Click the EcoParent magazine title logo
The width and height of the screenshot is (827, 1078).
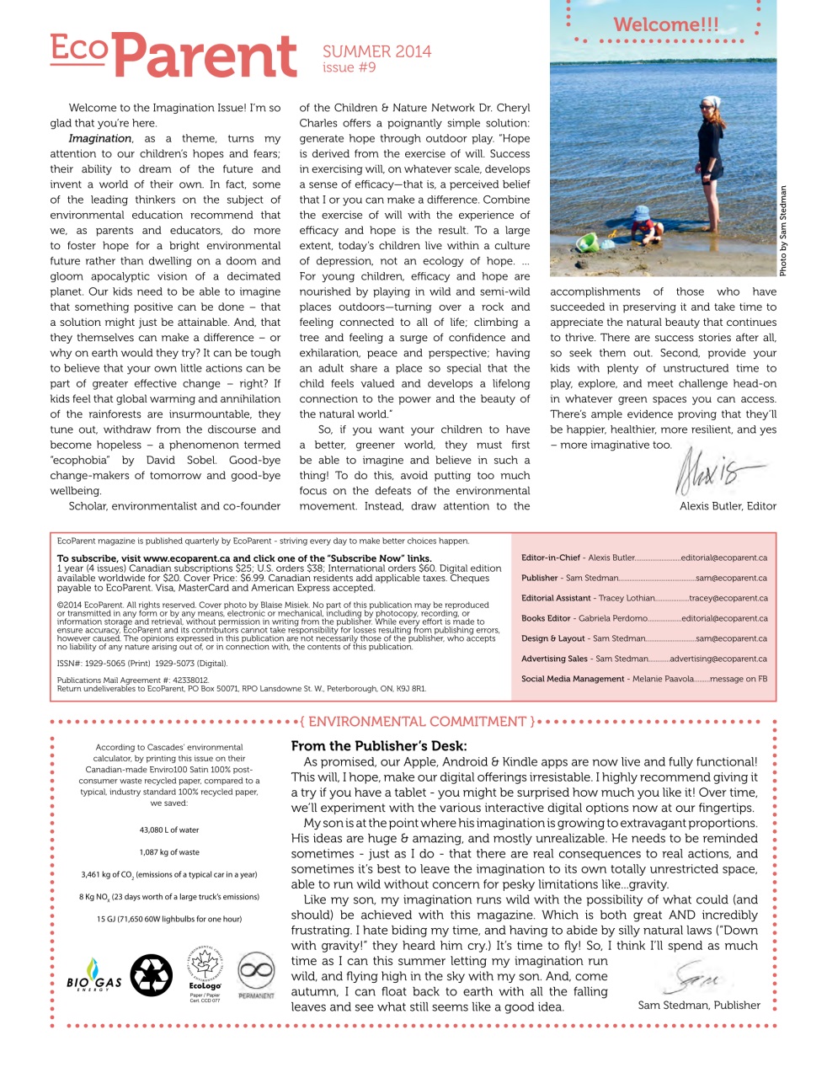(173, 56)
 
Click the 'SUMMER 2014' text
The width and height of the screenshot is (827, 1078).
(376, 51)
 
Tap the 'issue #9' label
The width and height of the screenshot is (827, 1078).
(349, 68)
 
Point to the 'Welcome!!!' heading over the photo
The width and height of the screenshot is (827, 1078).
(665, 24)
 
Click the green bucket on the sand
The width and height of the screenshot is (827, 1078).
(586, 243)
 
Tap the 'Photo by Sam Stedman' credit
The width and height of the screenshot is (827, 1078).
(782, 231)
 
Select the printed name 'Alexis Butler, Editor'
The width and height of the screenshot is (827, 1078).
(728, 506)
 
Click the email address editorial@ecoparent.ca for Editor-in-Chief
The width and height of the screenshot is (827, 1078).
(723, 558)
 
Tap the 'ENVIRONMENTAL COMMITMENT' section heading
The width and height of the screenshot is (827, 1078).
(417, 722)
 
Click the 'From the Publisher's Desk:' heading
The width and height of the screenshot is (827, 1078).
(378, 746)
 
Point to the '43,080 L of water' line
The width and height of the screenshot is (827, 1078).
(169, 830)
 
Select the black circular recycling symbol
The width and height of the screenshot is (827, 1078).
(152, 975)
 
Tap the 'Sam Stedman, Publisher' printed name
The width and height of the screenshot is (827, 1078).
(698, 1005)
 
